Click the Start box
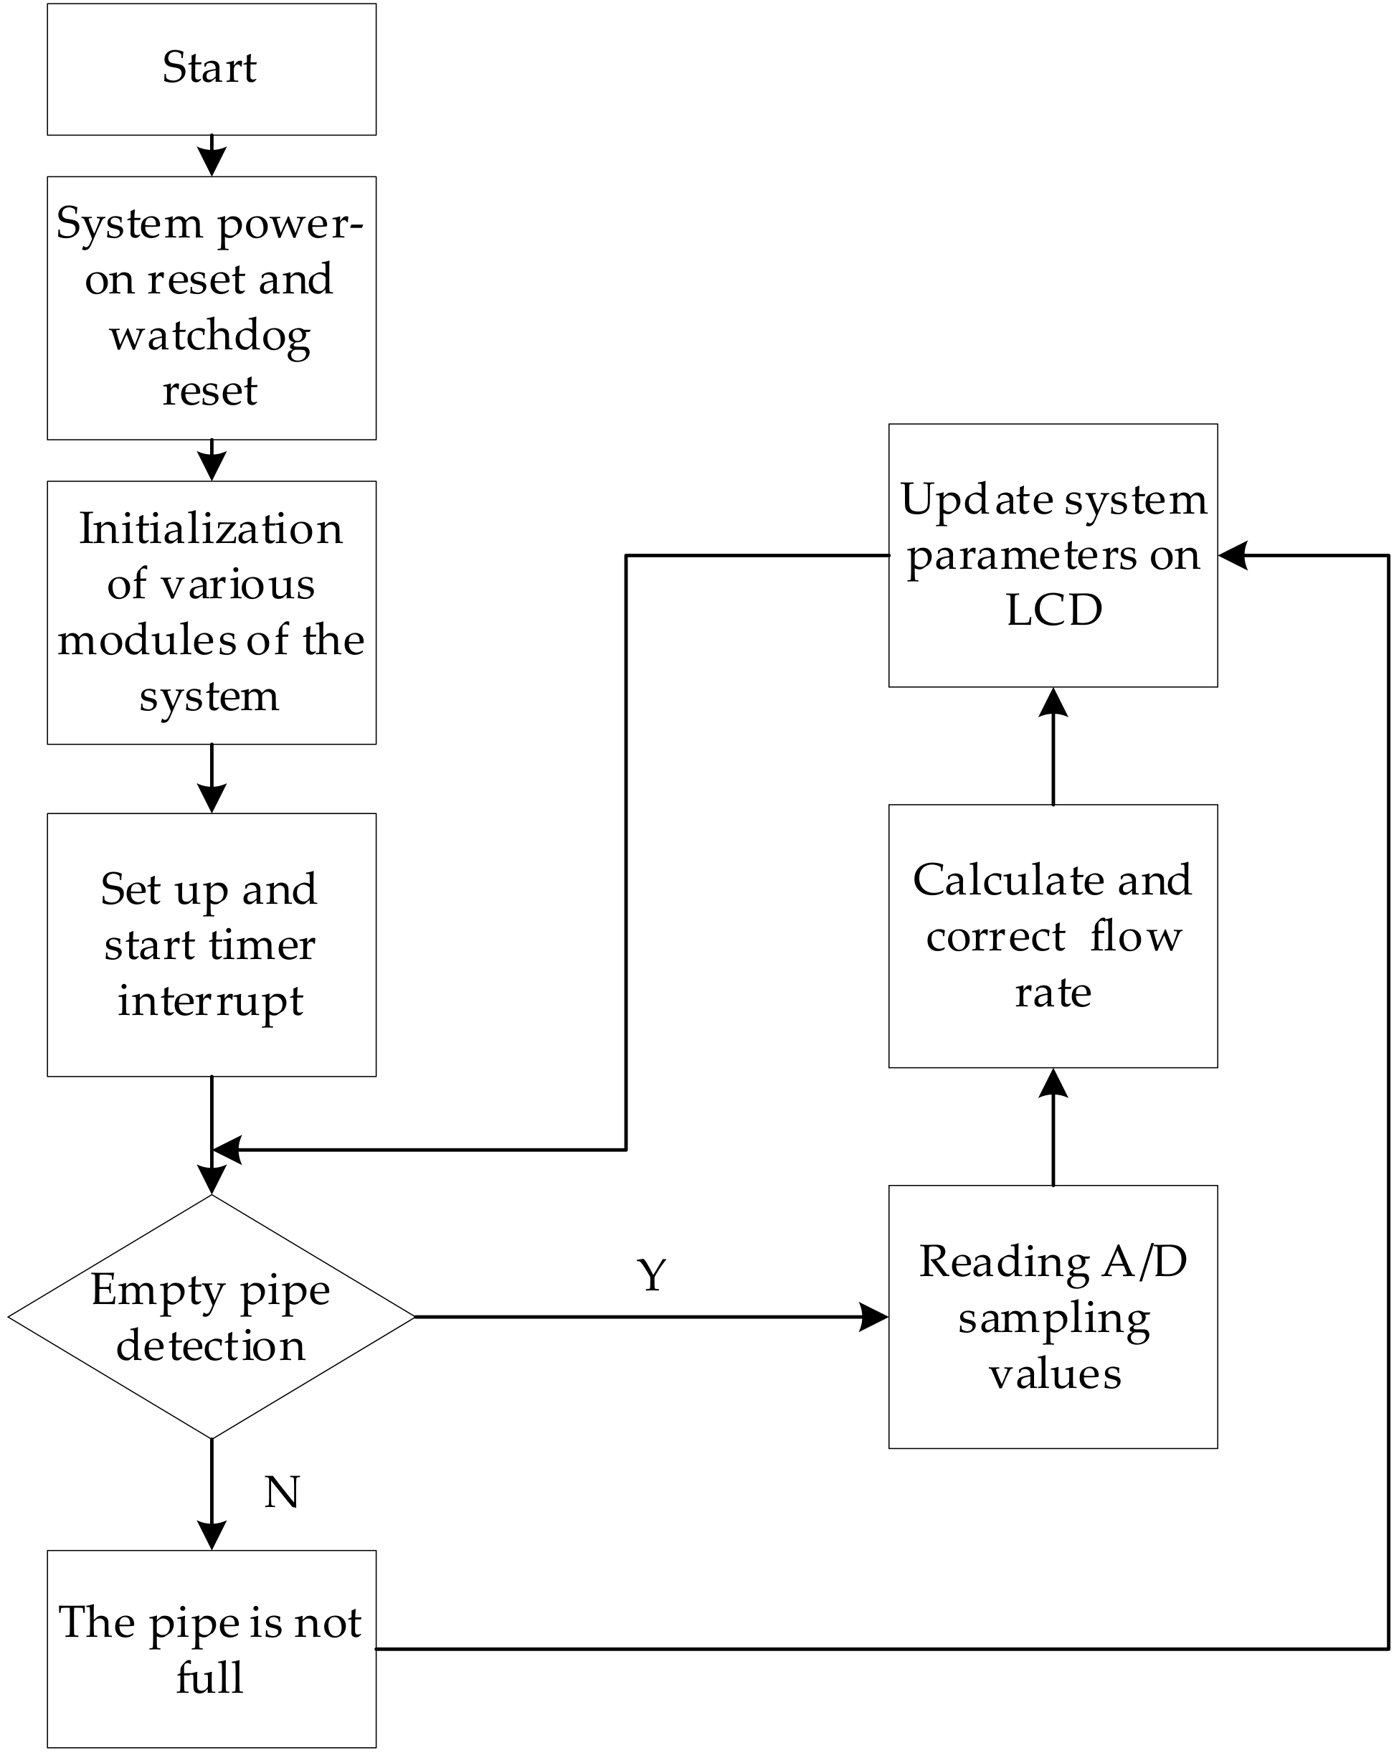(212, 69)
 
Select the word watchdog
(209, 336)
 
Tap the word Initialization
(211, 529)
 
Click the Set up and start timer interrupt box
(212, 945)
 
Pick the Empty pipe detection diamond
(211, 1317)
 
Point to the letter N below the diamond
(282, 1493)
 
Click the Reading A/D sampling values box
(1053, 1317)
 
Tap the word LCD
(1053, 610)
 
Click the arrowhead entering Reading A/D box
(875, 1317)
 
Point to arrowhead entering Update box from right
(1233, 555)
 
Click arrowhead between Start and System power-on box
(212, 162)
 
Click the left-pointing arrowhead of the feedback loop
(227, 1150)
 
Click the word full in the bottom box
(209, 1678)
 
